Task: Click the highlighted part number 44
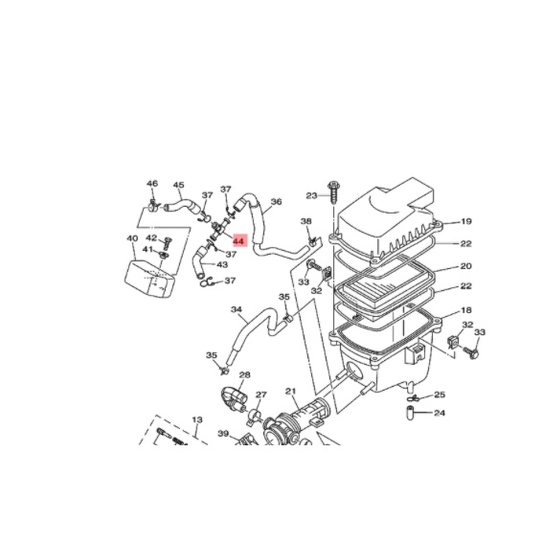(238, 241)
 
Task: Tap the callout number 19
(466, 221)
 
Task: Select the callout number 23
(311, 195)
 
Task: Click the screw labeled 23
(333, 192)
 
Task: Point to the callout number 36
(276, 201)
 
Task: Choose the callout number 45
(178, 185)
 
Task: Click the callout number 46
(152, 184)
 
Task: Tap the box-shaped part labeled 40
(149, 279)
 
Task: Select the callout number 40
(132, 238)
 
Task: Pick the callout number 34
(237, 309)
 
